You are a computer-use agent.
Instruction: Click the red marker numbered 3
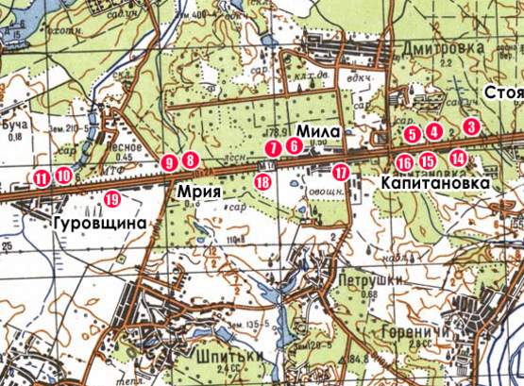(x=472, y=126)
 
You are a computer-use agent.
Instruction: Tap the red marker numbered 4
(x=433, y=130)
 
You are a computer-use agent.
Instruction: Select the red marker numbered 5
(x=411, y=134)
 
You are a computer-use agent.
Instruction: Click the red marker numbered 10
(x=63, y=175)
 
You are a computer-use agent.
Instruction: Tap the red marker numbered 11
(x=42, y=177)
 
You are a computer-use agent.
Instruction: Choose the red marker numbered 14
(x=458, y=158)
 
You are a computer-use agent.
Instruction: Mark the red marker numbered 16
(x=404, y=162)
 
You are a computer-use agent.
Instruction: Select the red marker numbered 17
(x=341, y=173)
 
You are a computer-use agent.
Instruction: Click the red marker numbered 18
(x=262, y=181)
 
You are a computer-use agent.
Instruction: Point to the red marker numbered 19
(x=112, y=198)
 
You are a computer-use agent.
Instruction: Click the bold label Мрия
(x=199, y=193)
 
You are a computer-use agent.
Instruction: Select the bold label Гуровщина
(x=101, y=224)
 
